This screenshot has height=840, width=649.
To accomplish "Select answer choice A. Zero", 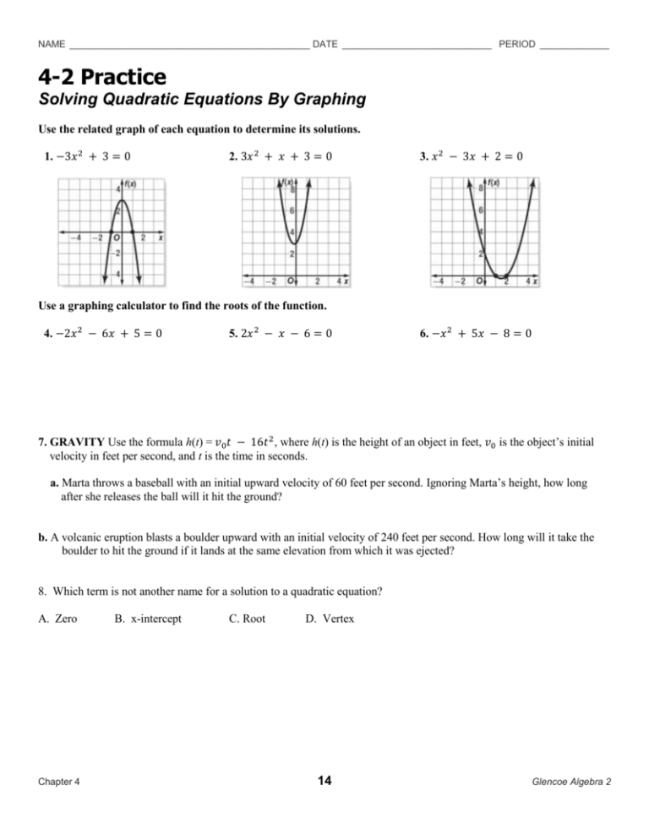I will coord(57,619).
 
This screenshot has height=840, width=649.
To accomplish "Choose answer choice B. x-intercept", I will coord(150,619).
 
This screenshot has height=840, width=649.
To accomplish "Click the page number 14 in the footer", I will coord(324,781).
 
